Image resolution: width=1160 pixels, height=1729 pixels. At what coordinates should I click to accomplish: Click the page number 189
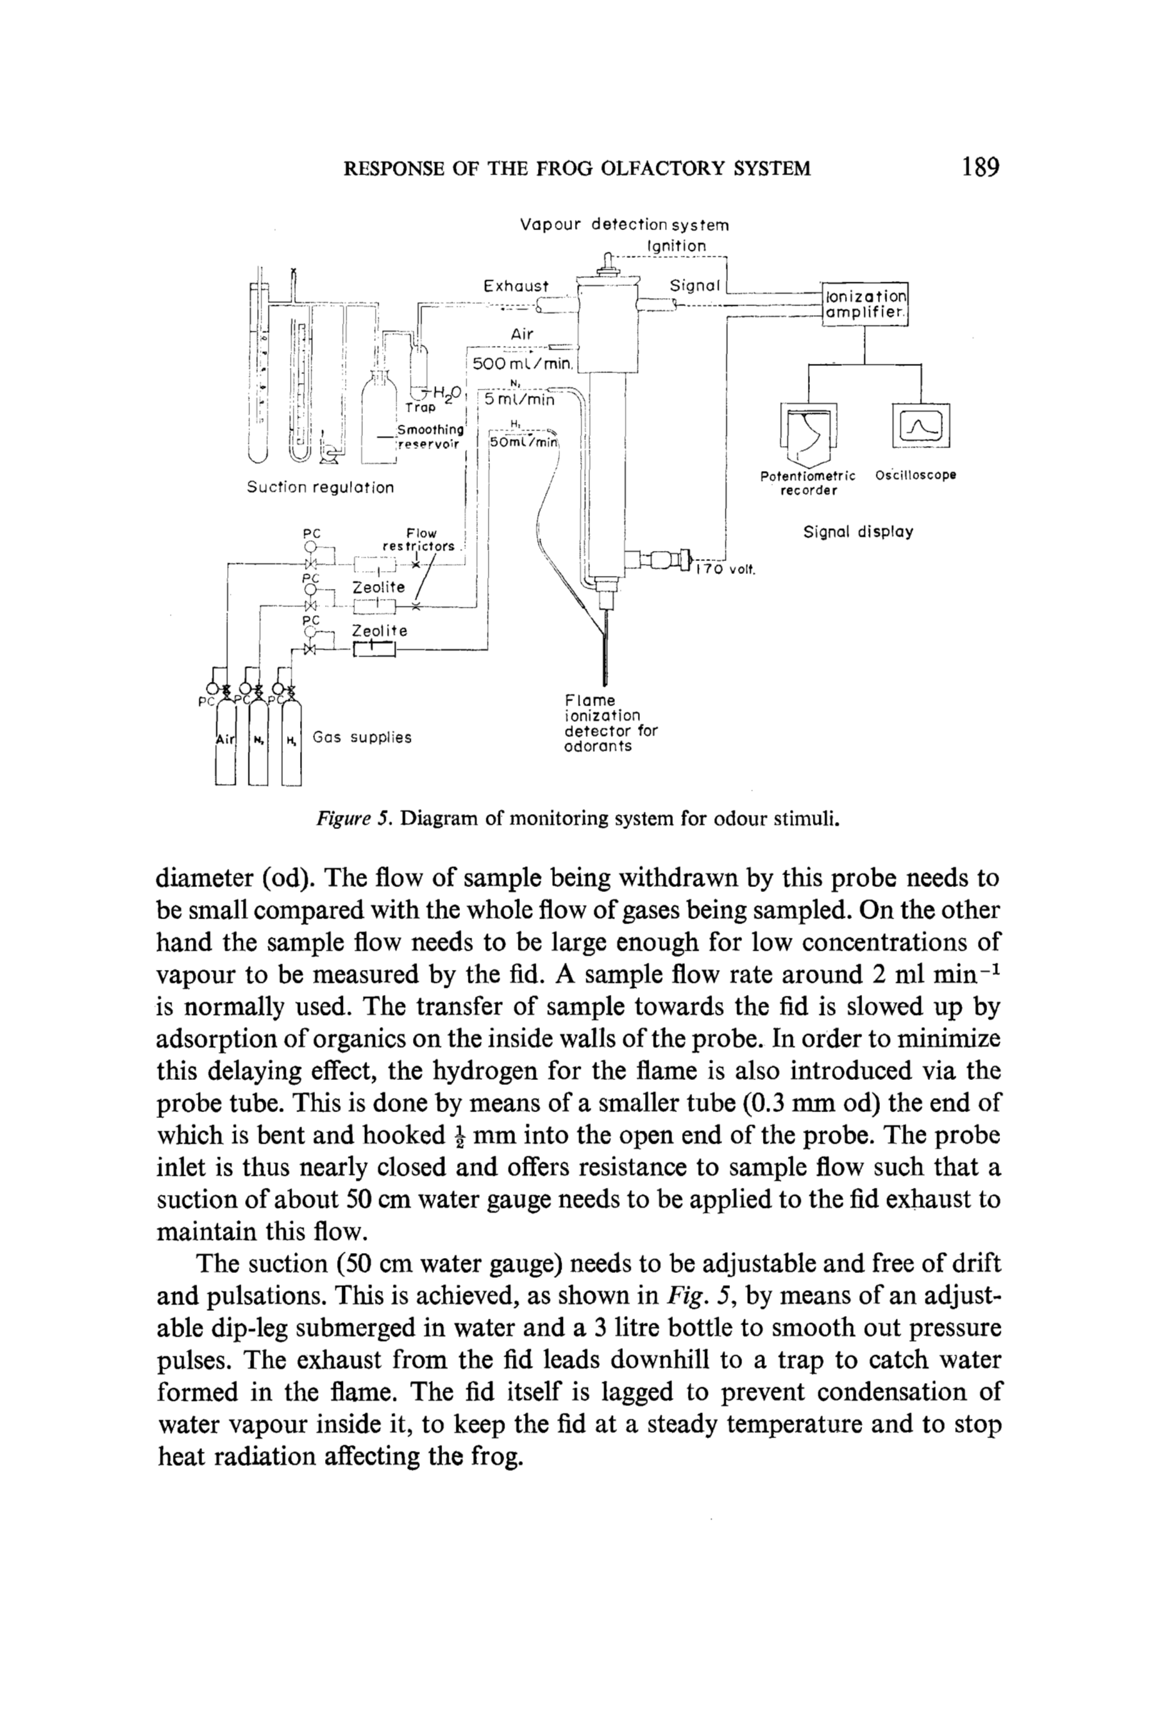point(980,167)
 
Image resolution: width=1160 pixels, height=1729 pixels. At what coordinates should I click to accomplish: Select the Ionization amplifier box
point(865,304)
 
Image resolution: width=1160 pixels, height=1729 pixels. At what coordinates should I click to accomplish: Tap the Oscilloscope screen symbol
point(920,425)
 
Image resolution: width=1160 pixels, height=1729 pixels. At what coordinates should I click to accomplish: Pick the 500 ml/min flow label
point(523,363)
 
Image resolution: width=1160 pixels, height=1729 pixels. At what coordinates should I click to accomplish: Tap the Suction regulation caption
point(319,487)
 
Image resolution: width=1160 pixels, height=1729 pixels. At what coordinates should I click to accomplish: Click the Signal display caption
point(858,532)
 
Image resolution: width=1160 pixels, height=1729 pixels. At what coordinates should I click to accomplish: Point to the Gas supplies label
point(361,737)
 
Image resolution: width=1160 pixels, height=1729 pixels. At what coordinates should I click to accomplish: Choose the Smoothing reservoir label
point(430,437)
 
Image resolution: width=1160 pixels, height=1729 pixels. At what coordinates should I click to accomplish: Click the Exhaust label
point(516,286)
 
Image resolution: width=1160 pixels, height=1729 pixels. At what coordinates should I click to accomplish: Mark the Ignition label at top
point(676,245)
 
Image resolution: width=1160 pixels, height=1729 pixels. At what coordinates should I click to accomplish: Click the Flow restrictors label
point(419,540)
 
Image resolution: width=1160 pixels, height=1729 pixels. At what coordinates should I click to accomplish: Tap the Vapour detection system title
point(624,224)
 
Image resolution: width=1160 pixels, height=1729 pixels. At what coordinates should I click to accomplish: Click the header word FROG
point(564,169)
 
